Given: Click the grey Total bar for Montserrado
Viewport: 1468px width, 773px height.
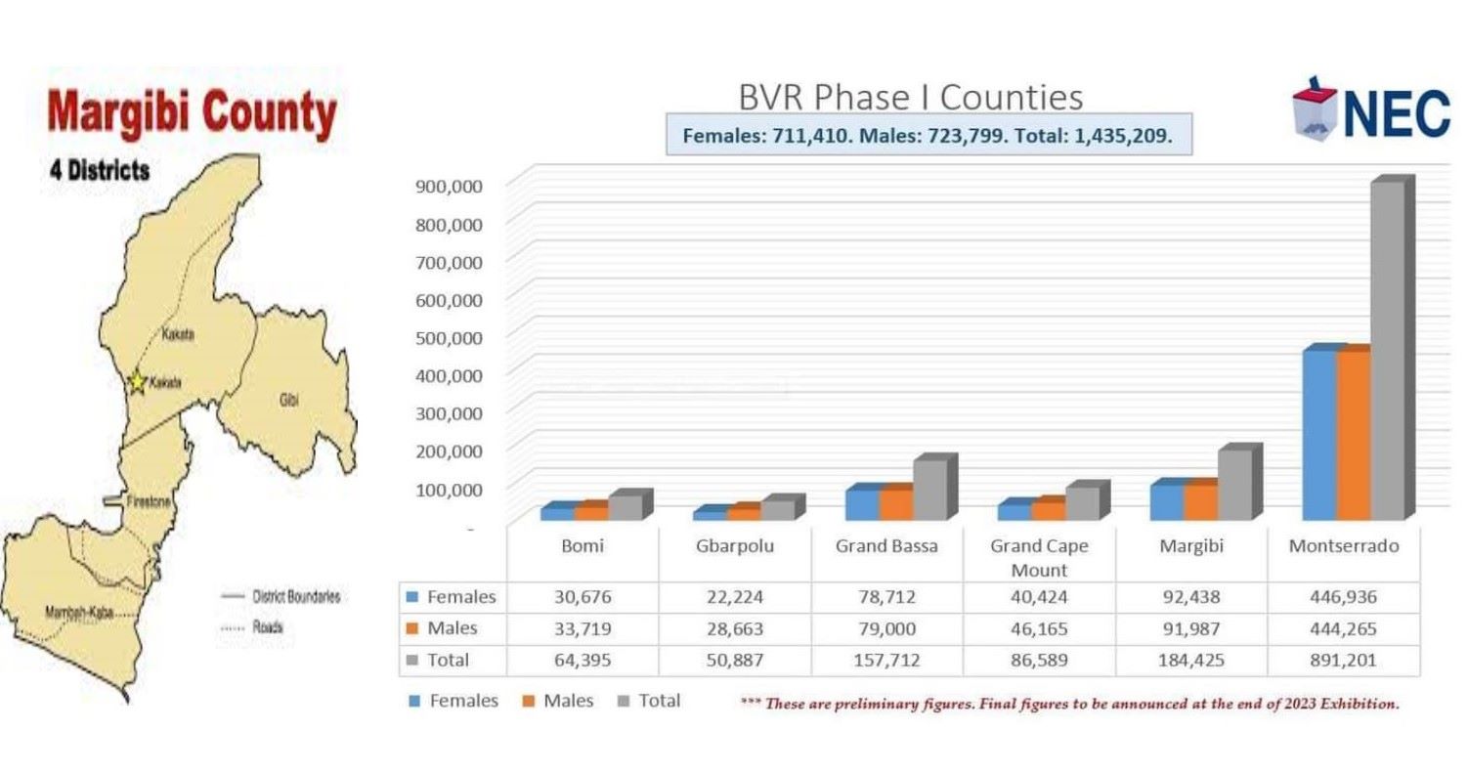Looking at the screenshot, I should click(x=1387, y=352).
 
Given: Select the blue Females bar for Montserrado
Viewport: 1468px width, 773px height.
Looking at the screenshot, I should click(x=1319, y=435).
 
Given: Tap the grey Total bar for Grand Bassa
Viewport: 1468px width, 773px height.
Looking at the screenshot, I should click(x=929, y=490).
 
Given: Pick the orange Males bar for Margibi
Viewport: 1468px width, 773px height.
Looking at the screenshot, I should click(x=1199, y=501).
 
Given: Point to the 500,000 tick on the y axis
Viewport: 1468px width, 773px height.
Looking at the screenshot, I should click(x=453, y=337).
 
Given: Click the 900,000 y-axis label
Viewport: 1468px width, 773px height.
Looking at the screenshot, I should click(x=453, y=186).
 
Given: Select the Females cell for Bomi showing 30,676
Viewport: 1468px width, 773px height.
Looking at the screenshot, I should click(x=583, y=596).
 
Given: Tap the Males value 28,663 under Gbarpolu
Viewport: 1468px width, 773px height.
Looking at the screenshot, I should click(x=735, y=628).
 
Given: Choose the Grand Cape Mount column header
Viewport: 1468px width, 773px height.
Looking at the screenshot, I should click(x=1039, y=557).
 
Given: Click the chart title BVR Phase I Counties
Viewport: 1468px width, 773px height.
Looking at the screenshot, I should click(x=910, y=98).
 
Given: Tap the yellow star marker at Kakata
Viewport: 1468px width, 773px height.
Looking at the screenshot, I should click(x=138, y=382).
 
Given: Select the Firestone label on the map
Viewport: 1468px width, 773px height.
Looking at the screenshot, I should click(x=149, y=501).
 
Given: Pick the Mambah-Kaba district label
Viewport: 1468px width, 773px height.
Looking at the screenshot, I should click(x=74, y=612).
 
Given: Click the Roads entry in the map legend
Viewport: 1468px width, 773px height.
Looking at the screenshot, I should click(x=267, y=627).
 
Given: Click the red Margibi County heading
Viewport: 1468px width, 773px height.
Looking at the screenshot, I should click(x=193, y=115).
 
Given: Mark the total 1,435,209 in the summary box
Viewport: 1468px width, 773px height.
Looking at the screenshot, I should click(x=1118, y=136).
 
